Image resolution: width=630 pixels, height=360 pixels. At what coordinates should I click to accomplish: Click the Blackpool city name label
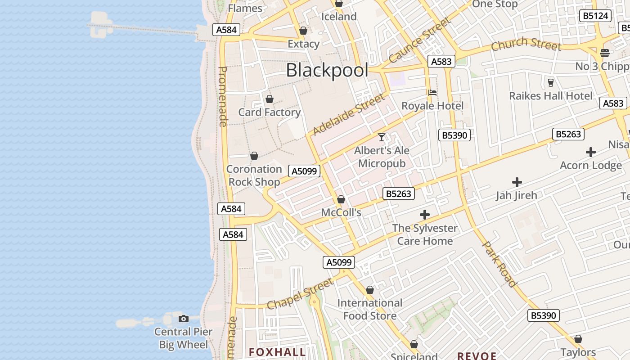coord(327,70)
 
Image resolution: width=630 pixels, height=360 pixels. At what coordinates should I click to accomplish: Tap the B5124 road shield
coord(595,16)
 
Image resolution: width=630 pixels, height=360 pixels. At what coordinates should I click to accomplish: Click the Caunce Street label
coord(419,40)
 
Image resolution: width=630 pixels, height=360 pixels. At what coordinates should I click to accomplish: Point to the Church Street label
coord(526,44)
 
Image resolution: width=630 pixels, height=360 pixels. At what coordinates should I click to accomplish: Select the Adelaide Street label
coord(349,114)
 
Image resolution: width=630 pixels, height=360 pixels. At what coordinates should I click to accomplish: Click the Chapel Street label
coord(300,293)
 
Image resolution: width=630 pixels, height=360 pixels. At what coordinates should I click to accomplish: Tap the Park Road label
coord(499,264)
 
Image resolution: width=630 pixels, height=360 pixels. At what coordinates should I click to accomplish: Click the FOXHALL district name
coord(277,352)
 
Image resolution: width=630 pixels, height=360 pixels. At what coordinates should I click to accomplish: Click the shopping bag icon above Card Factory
coord(270,99)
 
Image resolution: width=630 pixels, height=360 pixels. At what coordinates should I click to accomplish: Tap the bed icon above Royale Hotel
coord(432,93)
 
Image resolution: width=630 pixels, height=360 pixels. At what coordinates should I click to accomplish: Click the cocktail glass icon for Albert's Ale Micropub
coord(382,137)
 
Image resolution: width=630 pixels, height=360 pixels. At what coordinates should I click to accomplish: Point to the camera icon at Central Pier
coord(183,319)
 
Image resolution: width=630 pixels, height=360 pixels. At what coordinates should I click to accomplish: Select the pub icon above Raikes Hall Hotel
coord(550,83)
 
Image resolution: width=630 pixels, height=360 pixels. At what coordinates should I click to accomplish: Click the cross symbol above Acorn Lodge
coord(591,152)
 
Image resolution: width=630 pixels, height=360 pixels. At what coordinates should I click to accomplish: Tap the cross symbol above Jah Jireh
coord(517,182)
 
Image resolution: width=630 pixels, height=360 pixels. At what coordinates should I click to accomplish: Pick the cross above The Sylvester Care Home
coord(424,215)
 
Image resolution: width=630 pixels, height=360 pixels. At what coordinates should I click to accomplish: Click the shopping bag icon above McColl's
coord(341,199)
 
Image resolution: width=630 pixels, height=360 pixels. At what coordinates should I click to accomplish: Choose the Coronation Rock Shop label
coord(254,175)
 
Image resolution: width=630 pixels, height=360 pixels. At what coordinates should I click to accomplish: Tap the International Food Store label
coord(370,309)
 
